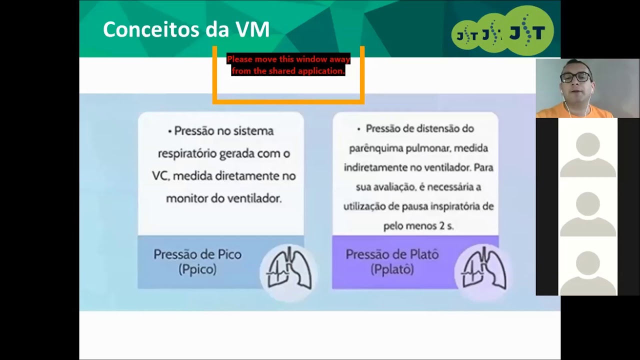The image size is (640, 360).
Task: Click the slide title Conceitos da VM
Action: click(x=186, y=29)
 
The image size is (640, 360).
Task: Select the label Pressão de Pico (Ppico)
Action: click(x=197, y=261)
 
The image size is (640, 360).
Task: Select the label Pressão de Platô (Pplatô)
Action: click(x=392, y=261)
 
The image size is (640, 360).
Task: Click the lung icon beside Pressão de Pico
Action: click(x=288, y=270)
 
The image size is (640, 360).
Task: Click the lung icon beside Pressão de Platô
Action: click(x=483, y=270)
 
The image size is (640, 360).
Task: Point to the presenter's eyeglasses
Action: click(x=575, y=77)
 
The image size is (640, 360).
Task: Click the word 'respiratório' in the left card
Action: click(x=188, y=153)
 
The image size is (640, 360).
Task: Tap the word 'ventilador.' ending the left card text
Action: click(x=254, y=198)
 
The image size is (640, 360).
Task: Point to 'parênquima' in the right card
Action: click(x=370, y=148)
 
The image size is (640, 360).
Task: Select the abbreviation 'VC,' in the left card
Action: click(x=161, y=176)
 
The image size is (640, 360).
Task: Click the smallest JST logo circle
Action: click(x=466, y=35)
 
